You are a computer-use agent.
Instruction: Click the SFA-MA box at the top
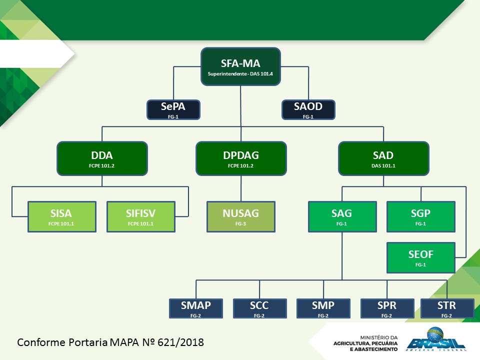point(240,67)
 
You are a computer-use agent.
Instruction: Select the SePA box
point(173,109)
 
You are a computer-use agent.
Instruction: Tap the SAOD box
point(308,109)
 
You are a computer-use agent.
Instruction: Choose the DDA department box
point(102,158)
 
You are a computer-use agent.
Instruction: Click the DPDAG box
point(241,158)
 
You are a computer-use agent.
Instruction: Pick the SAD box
point(383,158)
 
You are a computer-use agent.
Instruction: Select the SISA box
point(61,216)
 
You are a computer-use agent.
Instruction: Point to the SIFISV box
point(141,216)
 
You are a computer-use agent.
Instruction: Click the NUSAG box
point(241,216)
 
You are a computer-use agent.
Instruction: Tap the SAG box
point(341,216)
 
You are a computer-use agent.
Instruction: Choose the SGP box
point(420,216)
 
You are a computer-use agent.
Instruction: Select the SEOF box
point(420,257)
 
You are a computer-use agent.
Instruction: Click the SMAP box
point(196,308)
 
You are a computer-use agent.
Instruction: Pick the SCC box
point(259,308)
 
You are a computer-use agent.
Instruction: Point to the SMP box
point(323,308)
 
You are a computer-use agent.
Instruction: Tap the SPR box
point(387,308)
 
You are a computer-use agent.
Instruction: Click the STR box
point(446,308)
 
